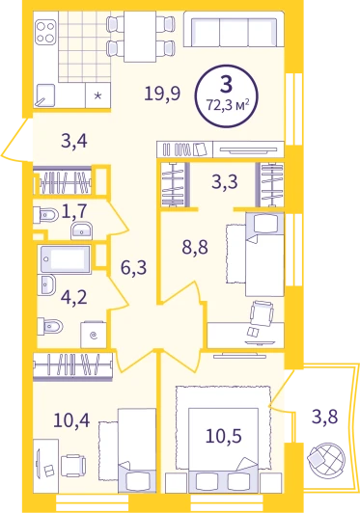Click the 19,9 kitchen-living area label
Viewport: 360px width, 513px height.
pyautogui.click(x=162, y=94)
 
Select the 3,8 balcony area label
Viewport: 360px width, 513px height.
pyautogui.click(x=324, y=417)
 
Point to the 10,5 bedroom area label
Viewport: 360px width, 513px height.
pyautogui.click(x=223, y=436)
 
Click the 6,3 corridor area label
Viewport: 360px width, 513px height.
pyautogui.click(x=133, y=268)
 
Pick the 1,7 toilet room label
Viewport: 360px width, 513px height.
pyautogui.click(x=74, y=210)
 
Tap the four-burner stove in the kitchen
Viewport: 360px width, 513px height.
pyautogui.click(x=45, y=33)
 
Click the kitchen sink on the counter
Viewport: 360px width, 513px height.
pyautogui.click(x=44, y=95)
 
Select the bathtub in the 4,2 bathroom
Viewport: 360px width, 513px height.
pyautogui.click(x=65, y=259)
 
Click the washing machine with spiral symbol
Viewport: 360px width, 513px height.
pyautogui.click(x=94, y=335)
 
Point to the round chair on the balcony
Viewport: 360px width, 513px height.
pyautogui.click(x=326, y=459)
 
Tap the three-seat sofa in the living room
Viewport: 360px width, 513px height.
pyautogui.click(x=234, y=31)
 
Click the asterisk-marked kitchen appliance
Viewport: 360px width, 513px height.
pyautogui.click(x=97, y=95)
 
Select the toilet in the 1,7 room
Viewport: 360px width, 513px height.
pyautogui.click(x=46, y=215)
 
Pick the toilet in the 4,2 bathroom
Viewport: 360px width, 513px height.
pyautogui.click(x=50, y=326)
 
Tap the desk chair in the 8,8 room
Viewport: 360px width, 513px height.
pyautogui.click(x=262, y=313)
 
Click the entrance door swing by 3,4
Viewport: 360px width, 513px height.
pyautogui.click(x=16, y=140)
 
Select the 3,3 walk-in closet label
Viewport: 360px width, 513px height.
pyautogui.click(x=224, y=182)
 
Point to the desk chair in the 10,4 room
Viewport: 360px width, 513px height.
pyautogui.click(x=73, y=466)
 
